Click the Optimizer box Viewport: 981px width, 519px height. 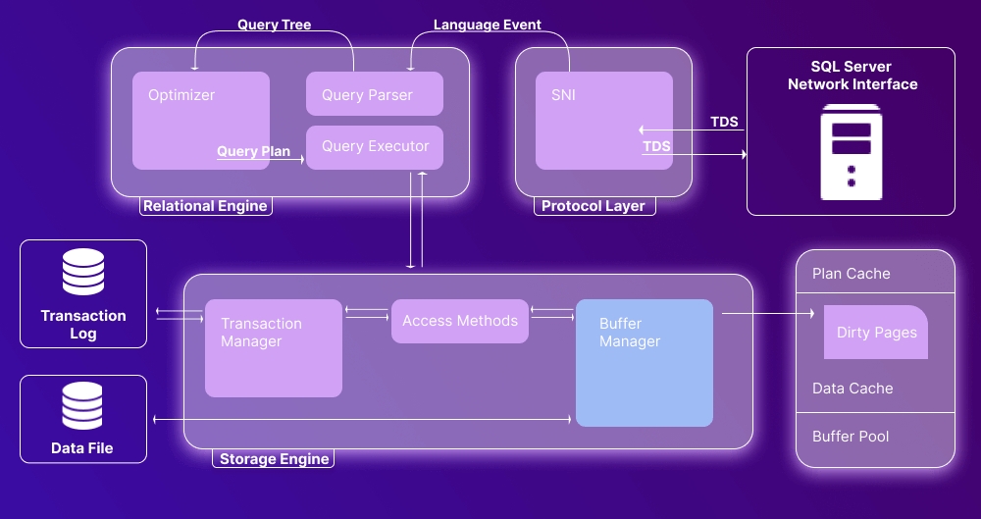pyautogui.click(x=201, y=120)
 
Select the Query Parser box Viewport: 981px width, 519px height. pyautogui.click(x=375, y=94)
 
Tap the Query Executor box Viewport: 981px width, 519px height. pyautogui.click(x=375, y=147)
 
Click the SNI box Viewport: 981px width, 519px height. pyautogui.click(x=603, y=120)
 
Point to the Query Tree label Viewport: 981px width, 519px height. pyautogui.click(x=274, y=25)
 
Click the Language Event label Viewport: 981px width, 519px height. pyautogui.click(x=488, y=25)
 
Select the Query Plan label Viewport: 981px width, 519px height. pyautogui.click(x=253, y=151)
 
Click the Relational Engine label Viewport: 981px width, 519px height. pyautogui.click(x=205, y=206)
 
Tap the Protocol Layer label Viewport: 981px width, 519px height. pyautogui.click(x=594, y=206)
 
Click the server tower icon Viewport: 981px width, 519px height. pyautogui.click(x=852, y=155)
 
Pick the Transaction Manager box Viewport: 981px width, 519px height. pyautogui.click(x=273, y=348)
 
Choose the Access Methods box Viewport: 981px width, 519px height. pyautogui.click(x=460, y=321)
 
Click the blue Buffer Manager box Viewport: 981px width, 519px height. pyautogui.click(x=644, y=363)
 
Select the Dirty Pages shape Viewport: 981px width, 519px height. pyautogui.click(x=876, y=333)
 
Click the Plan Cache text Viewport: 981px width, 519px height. pyautogui.click(x=852, y=274)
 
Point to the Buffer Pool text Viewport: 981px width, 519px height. pyautogui.click(x=851, y=436)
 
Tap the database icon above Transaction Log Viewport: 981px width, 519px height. pyautogui.click(x=83, y=273)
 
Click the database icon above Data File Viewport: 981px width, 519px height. pyautogui.click(x=83, y=406)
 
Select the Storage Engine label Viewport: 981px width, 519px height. pyautogui.click(x=274, y=459)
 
